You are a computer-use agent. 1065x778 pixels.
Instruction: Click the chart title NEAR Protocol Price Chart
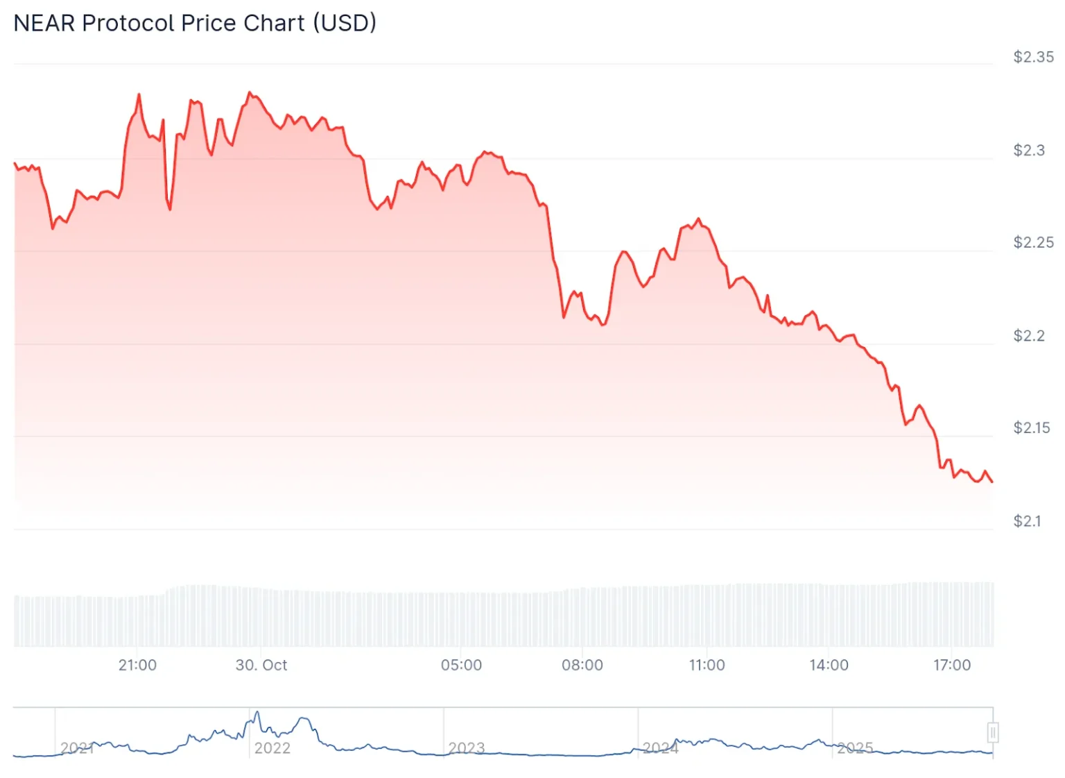tap(195, 23)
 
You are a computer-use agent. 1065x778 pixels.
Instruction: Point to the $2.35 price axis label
tap(1033, 57)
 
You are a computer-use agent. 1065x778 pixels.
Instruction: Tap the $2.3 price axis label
tap(1029, 150)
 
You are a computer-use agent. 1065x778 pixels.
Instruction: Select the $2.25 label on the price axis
tap(1033, 242)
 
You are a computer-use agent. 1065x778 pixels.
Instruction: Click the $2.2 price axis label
tap(1029, 335)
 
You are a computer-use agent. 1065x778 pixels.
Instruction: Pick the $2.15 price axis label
tap(1032, 428)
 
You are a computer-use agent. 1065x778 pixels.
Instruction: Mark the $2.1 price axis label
tap(1028, 521)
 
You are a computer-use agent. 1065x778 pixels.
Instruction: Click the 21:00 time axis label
tap(137, 665)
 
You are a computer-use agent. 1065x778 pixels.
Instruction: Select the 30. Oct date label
tap(261, 665)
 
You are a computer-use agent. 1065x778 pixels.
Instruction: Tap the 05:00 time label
tap(461, 665)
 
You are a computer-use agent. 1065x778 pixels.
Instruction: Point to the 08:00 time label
tap(582, 665)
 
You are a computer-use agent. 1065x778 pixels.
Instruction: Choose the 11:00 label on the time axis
tap(707, 665)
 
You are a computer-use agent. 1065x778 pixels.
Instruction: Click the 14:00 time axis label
tap(829, 665)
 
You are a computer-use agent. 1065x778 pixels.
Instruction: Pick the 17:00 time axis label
tap(952, 665)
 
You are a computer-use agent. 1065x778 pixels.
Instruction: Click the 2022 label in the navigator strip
tap(272, 747)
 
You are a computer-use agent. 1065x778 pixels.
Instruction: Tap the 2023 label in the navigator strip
tap(466, 747)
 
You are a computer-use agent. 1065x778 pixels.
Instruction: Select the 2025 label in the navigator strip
tap(854, 747)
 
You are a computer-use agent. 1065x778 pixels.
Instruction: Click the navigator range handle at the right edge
tap(993, 732)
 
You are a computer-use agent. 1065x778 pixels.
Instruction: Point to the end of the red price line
tap(992, 482)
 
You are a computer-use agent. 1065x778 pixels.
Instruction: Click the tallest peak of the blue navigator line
tap(257, 712)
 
